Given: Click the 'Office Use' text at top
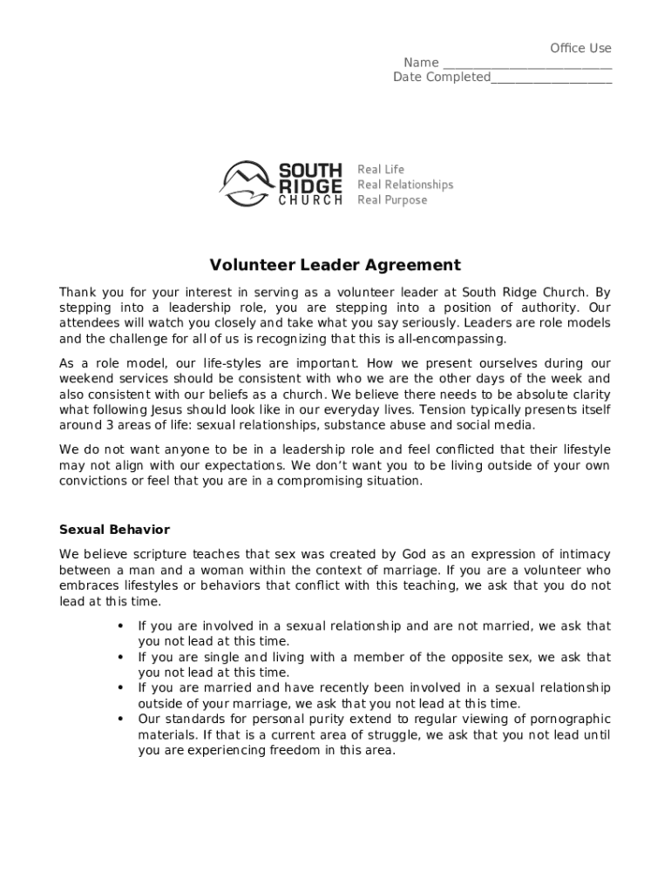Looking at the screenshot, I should (x=580, y=48).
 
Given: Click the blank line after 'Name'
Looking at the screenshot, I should (x=526, y=64).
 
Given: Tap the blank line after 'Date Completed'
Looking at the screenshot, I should (x=551, y=79).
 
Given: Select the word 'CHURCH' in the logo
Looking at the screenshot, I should (x=310, y=200).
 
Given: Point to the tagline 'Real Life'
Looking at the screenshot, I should (x=381, y=169).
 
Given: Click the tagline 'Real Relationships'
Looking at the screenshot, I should (x=405, y=185).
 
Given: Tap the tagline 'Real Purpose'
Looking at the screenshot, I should (x=392, y=200).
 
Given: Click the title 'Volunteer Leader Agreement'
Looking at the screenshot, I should (x=335, y=265).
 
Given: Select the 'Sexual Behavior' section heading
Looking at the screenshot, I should (x=114, y=530).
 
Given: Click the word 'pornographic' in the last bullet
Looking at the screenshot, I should (x=567, y=720).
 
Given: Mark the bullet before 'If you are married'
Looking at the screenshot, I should (x=119, y=688).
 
